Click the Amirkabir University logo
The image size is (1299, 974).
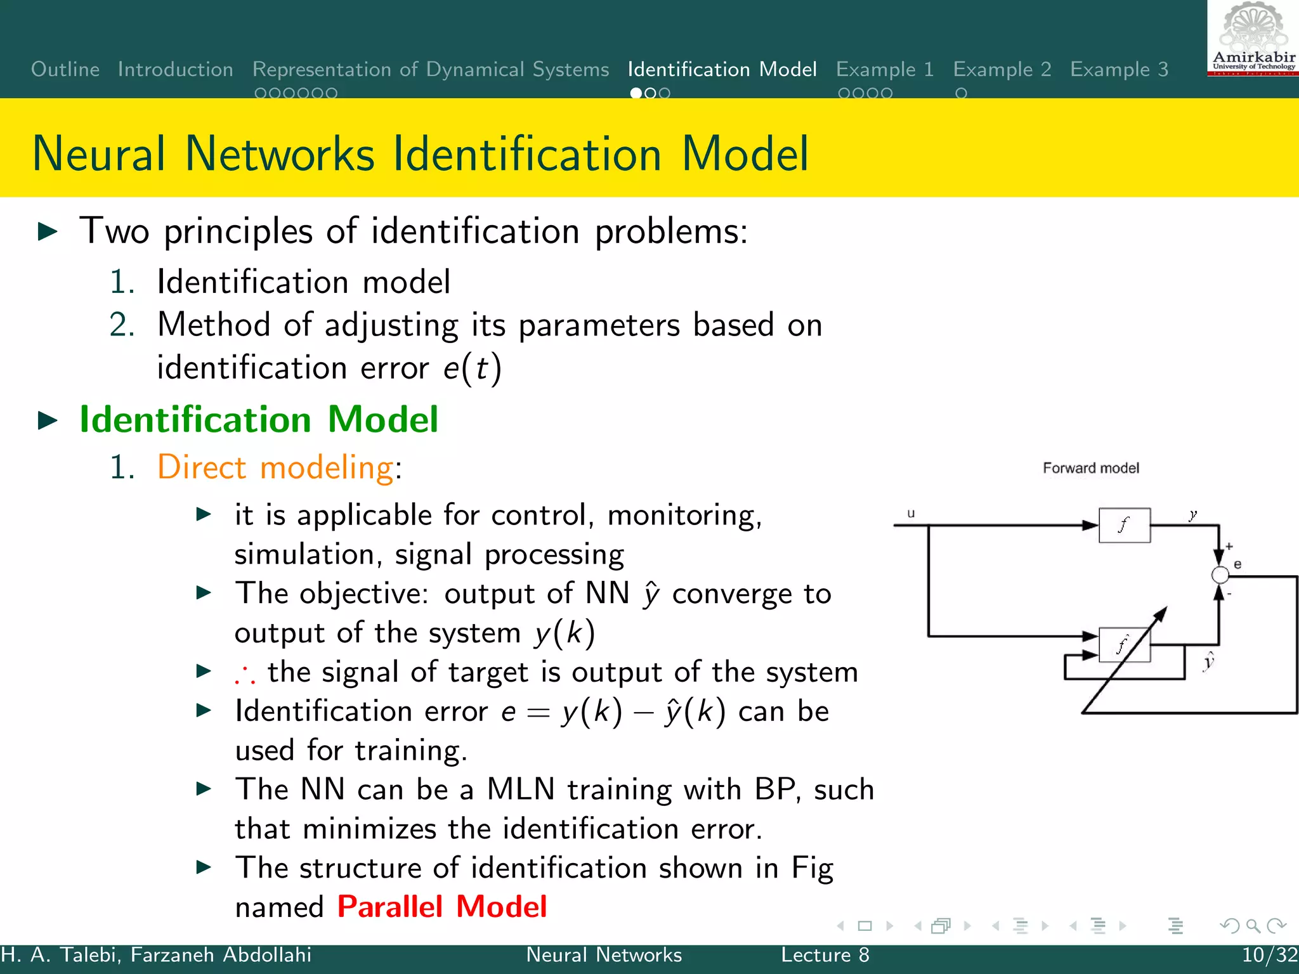[1253, 39]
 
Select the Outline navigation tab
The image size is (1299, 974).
[65, 69]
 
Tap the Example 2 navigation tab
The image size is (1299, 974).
[1002, 69]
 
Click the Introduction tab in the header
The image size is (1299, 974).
[175, 69]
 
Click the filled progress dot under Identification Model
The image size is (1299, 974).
[636, 93]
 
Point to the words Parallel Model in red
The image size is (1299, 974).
[441, 907]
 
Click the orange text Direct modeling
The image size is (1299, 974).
[275, 468]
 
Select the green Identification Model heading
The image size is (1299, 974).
[258, 420]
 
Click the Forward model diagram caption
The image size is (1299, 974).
[1090, 468]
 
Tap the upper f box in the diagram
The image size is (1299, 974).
[1124, 525]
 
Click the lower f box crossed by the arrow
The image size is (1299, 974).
[1124, 645]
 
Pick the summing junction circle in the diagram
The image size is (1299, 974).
[1220, 575]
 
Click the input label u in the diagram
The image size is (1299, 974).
[911, 514]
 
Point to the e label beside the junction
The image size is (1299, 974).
[1237, 564]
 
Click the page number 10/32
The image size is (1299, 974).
[1269, 955]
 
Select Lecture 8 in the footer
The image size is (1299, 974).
[825, 955]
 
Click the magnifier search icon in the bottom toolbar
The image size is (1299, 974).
[1253, 926]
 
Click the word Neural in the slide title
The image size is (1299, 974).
[98, 154]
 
